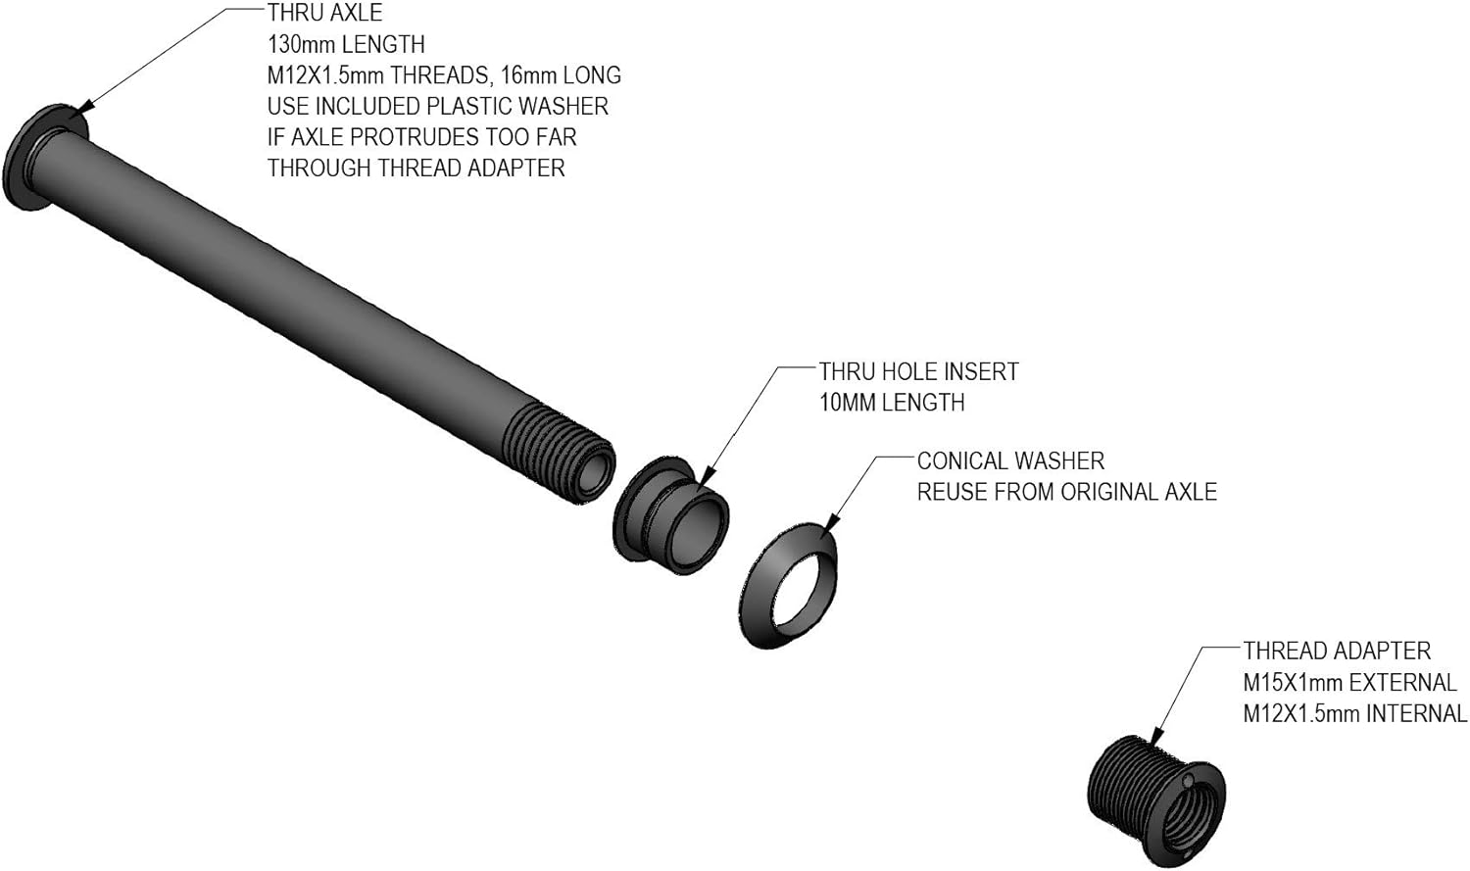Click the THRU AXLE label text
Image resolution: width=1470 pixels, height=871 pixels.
point(324,14)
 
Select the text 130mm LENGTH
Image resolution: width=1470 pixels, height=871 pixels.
point(346,45)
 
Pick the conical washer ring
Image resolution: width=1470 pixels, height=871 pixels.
point(790,585)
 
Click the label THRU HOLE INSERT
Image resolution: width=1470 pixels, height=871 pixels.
point(918,372)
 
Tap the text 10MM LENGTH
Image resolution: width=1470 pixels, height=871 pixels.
point(892,403)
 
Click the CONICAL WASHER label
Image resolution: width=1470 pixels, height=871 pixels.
point(1010,461)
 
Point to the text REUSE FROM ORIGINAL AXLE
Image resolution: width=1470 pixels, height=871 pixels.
point(1066,492)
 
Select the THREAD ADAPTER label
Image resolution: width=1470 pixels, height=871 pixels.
point(1337,652)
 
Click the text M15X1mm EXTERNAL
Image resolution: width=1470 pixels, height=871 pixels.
point(1349,683)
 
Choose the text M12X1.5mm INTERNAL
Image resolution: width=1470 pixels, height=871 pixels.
point(1354,714)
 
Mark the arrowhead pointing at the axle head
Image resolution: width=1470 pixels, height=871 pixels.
point(84,108)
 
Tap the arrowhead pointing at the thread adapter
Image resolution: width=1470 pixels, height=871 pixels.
point(1157,736)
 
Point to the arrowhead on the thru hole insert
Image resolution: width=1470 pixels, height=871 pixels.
point(708,476)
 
